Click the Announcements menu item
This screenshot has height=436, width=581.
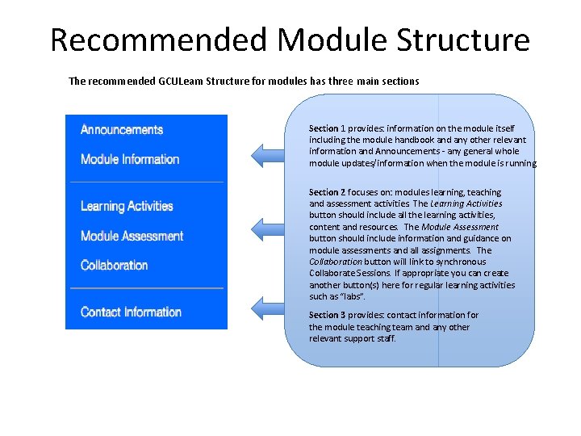coord(122,130)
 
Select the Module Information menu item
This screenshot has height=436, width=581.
coord(130,159)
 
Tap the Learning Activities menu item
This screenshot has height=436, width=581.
coord(127,207)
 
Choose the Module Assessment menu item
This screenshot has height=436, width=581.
coord(132,237)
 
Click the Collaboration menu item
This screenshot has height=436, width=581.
coord(115,266)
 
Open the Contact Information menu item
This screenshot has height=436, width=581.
coord(131,312)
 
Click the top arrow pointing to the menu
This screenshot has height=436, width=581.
coord(269,153)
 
